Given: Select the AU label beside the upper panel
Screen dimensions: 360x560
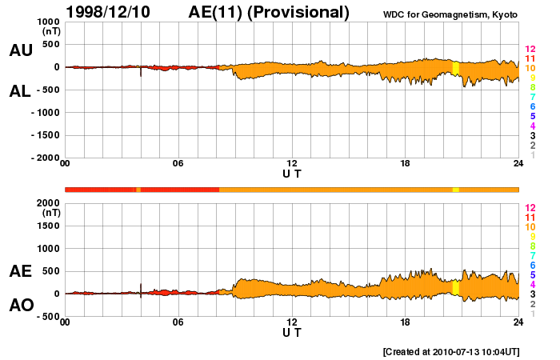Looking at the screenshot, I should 21,50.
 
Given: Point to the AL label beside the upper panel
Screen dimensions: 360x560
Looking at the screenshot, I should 21,91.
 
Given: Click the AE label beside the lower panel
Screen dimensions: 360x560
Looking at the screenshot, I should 21,272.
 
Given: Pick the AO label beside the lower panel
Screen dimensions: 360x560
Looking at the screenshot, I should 21,306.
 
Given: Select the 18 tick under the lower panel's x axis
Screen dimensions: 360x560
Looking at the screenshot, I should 406,322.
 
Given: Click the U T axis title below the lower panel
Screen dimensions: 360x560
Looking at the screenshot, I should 292,332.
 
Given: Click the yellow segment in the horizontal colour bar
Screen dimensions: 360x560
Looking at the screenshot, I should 455,190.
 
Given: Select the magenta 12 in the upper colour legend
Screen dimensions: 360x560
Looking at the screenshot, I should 529,49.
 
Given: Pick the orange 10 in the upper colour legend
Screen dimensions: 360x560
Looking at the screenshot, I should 529,68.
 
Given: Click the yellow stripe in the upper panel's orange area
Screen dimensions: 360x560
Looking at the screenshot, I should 455,68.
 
